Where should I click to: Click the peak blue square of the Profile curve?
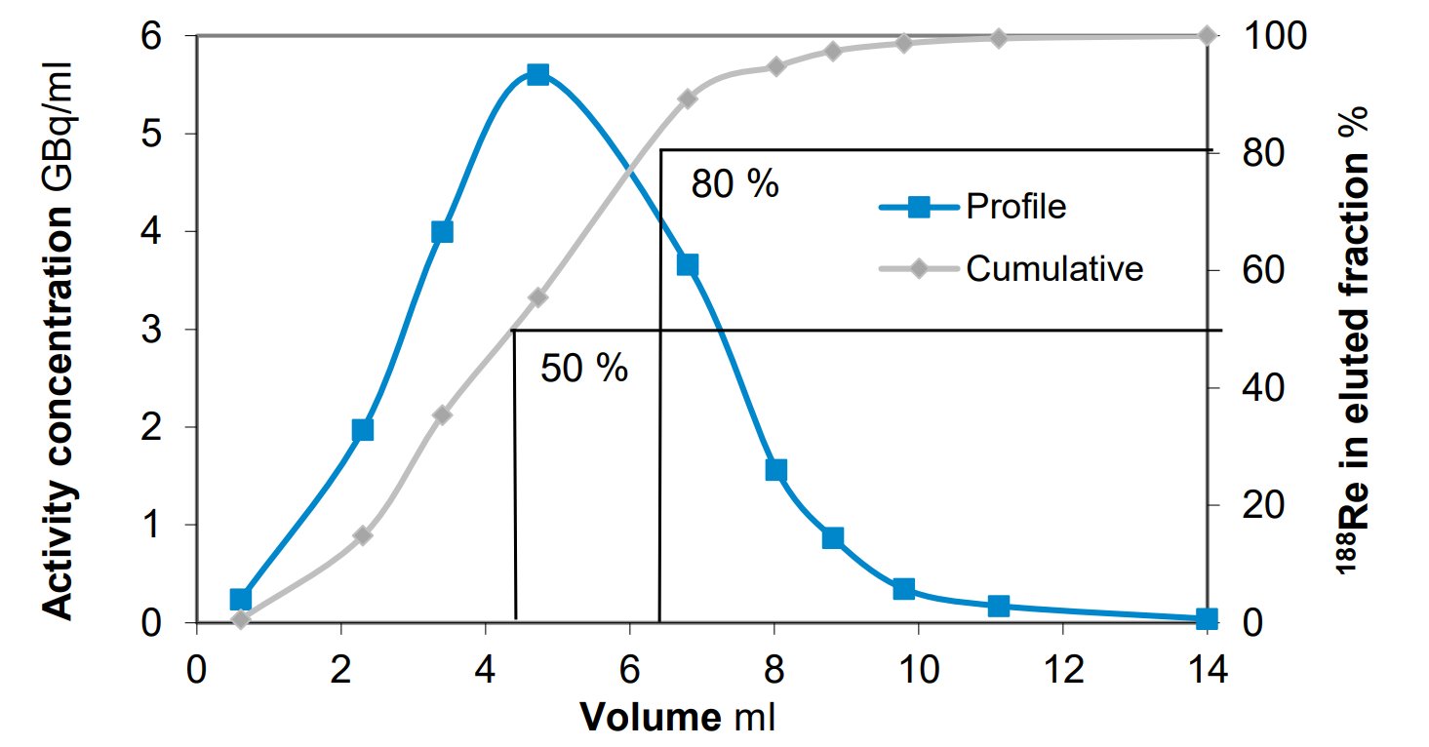pyautogui.click(x=537, y=75)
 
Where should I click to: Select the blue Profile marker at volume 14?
pyautogui.click(x=1207, y=619)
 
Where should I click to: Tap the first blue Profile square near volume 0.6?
pyautogui.click(x=241, y=599)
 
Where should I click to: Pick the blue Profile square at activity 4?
pyautogui.click(x=442, y=232)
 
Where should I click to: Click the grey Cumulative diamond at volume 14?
pyautogui.click(x=1207, y=36)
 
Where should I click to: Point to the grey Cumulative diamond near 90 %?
pyautogui.click(x=688, y=98)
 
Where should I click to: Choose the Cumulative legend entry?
pyautogui.click(x=1053, y=268)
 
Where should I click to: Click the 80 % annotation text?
pyautogui.click(x=734, y=184)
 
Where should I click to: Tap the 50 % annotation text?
pyautogui.click(x=584, y=369)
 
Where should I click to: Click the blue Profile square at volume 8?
pyautogui.click(x=776, y=470)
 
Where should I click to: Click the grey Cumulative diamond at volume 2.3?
pyautogui.click(x=363, y=535)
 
